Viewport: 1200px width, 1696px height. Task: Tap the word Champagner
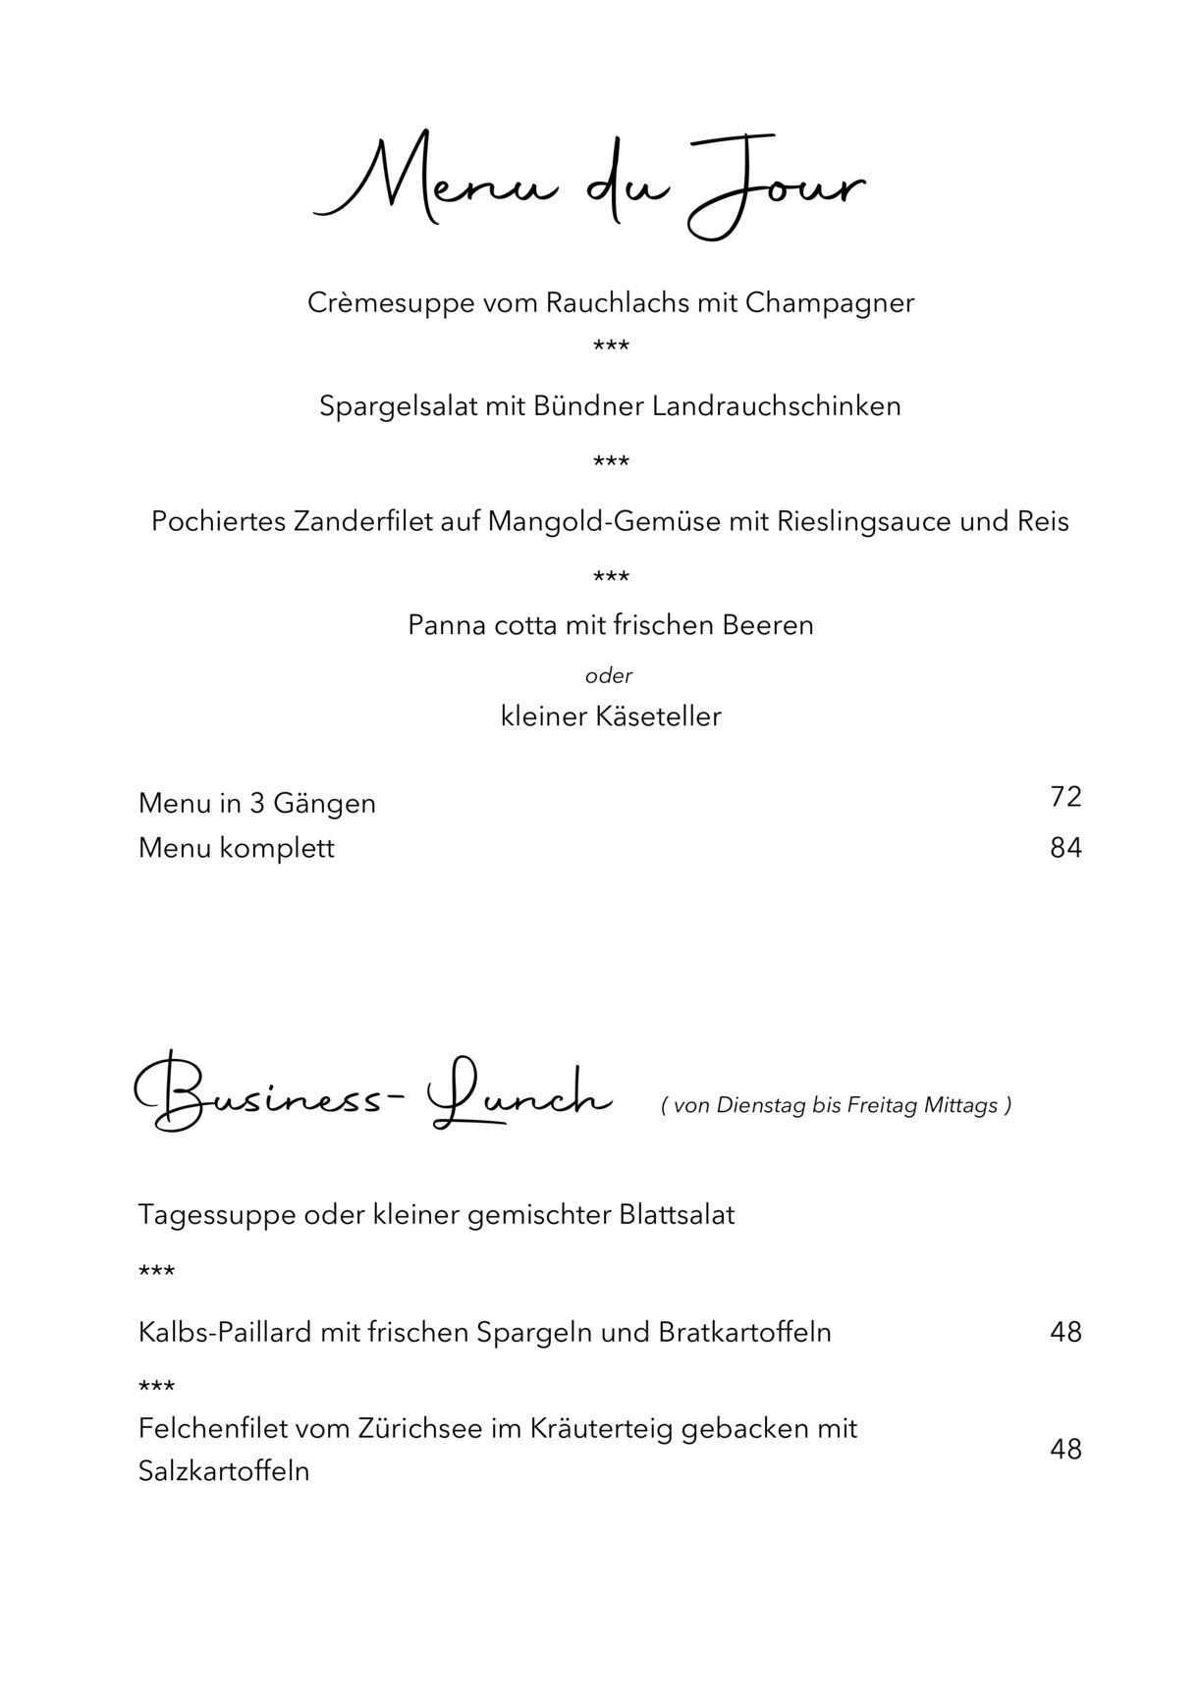point(830,302)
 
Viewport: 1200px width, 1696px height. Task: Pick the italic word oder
point(609,675)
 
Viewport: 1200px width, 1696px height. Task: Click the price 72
point(1065,797)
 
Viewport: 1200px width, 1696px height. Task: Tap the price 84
point(1065,848)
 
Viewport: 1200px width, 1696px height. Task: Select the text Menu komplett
point(237,848)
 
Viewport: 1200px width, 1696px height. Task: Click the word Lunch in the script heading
point(520,1097)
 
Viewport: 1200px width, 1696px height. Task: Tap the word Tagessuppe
point(217,1215)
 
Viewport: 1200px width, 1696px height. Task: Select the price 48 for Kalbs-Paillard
point(1065,1332)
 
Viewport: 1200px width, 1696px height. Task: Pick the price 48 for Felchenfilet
point(1065,1450)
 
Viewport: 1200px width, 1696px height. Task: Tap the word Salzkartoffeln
point(224,1471)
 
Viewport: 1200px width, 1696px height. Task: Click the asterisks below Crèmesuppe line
point(611,345)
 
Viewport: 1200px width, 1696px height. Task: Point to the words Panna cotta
point(481,625)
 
